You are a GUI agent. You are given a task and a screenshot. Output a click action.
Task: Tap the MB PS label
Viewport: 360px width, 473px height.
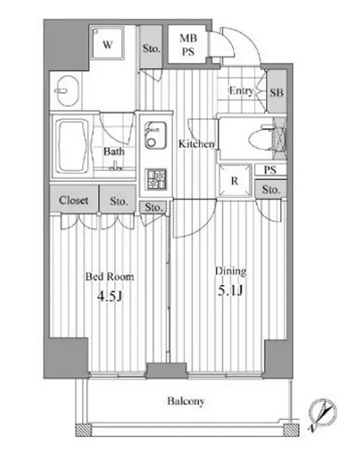click(188, 45)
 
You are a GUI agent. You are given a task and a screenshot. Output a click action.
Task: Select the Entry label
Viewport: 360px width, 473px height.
click(241, 91)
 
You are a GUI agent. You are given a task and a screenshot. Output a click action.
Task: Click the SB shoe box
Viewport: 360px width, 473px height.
click(277, 91)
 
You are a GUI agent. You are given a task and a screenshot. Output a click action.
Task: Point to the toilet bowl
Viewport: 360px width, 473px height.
click(261, 139)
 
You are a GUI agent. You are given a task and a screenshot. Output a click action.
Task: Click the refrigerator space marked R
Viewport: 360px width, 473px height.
click(235, 180)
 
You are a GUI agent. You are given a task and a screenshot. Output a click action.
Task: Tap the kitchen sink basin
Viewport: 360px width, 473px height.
click(155, 135)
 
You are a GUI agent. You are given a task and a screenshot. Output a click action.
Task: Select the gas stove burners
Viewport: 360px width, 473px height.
click(156, 179)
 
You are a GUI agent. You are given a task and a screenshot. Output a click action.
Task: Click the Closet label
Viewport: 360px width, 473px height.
click(74, 200)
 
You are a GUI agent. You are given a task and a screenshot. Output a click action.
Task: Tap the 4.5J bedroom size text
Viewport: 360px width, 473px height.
click(109, 297)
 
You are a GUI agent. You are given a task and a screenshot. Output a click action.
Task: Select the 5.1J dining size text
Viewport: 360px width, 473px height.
click(230, 291)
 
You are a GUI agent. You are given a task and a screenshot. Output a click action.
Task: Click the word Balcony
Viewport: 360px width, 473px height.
click(186, 401)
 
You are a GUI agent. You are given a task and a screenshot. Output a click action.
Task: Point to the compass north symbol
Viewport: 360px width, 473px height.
click(323, 412)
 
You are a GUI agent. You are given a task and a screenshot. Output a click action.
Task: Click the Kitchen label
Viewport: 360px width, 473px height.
click(196, 144)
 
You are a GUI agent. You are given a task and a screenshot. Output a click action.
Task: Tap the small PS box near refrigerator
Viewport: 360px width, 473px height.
click(270, 170)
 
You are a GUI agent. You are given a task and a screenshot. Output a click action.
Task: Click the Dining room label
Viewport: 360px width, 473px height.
click(231, 271)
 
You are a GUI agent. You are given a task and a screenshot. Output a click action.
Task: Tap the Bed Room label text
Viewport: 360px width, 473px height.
click(109, 277)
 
